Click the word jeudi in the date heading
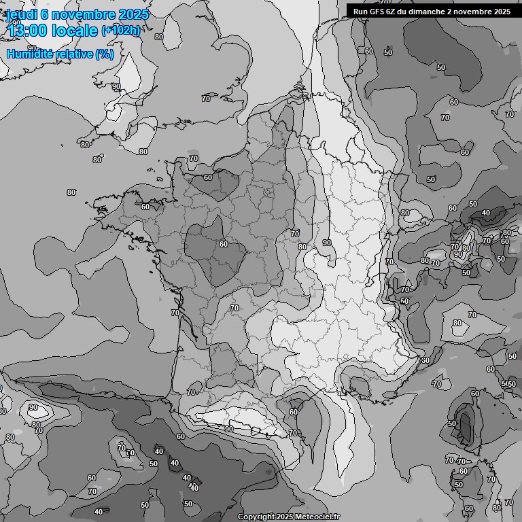tap(21, 14)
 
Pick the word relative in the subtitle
tap(76, 54)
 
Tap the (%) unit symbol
tap(105, 54)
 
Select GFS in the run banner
tap(379, 11)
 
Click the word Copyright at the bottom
tap(256, 517)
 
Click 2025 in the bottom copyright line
tap(285, 517)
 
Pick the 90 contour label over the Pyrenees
tap(229, 429)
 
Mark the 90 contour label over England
tap(116, 86)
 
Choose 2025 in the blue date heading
tap(135, 14)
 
